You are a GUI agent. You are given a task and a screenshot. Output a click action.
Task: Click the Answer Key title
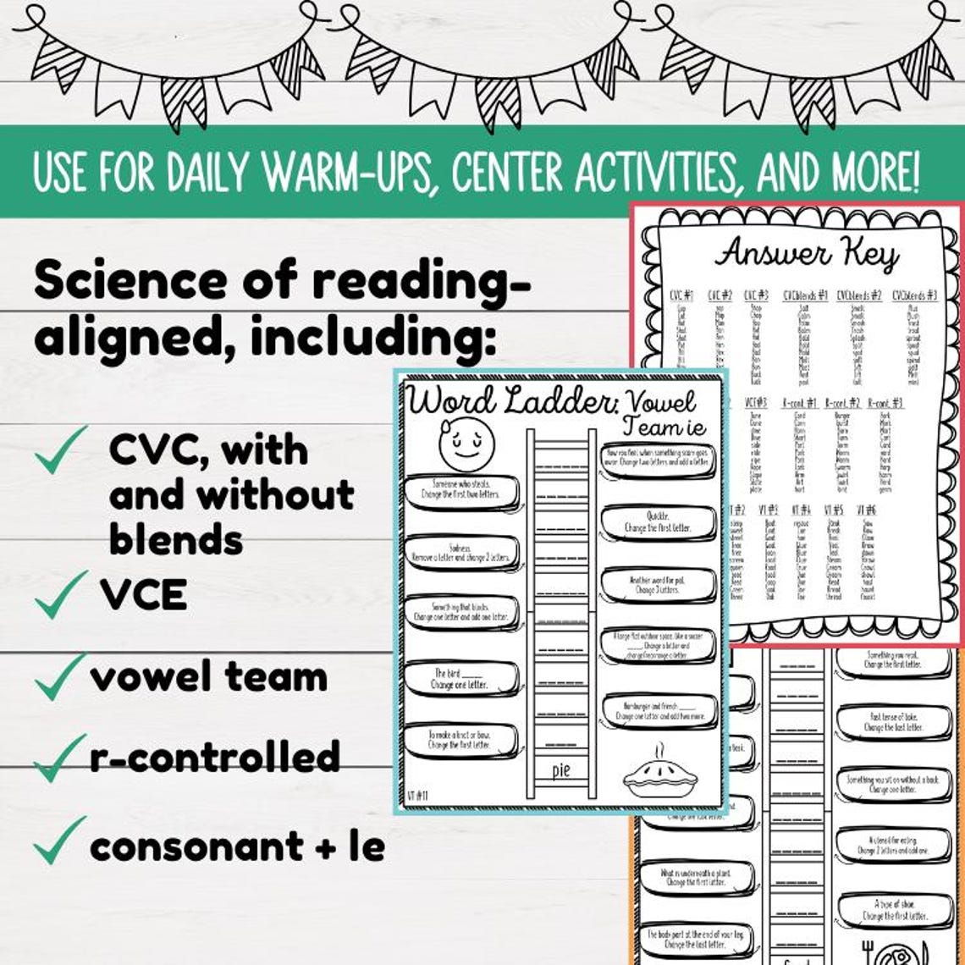pyautogui.click(x=806, y=254)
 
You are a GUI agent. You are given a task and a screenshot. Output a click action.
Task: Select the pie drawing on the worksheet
pyautogui.click(x=663, y=771)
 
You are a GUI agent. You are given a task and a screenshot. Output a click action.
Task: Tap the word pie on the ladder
pyautogui.click(x=561, y=769)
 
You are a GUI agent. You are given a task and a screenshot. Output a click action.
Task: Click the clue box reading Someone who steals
pyautogui.click(x=460, y=489)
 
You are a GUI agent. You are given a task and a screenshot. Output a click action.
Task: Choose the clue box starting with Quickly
pyautogui.click(x=658, y=521)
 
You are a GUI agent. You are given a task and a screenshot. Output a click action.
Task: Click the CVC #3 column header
pyautogui.click(x=756, y=295)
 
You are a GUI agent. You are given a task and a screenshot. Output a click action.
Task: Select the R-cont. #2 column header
pyautogui.click(x=841, y=404)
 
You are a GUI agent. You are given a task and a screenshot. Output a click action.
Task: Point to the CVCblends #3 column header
pyautogui.click(x=914, y=295)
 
